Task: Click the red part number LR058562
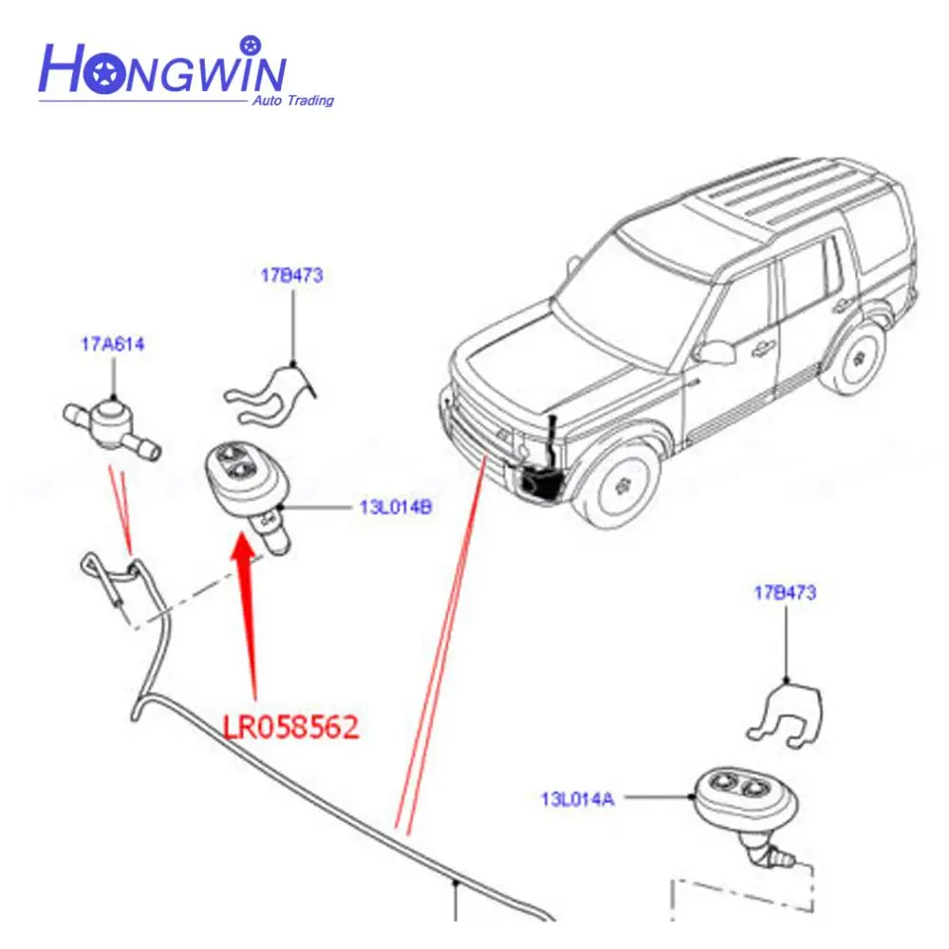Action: click(290, 728)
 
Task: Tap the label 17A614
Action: click(112, 345)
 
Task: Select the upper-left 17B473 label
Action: click(292, 276)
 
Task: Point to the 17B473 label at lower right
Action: click(785, 593)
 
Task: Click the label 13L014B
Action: click(396, 507)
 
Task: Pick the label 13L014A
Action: click(578, 799)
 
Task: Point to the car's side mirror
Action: click(706, 352)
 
